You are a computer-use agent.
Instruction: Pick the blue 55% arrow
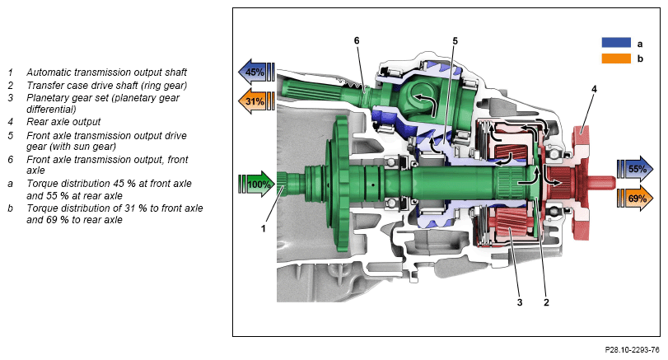tap(635, 169)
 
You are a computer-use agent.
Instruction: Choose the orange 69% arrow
tap(635, 198)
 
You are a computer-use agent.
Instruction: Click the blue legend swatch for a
tap(616, 43)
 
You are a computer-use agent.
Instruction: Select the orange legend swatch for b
tap(616, 58)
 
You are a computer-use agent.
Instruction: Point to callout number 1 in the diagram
tap(264, 228)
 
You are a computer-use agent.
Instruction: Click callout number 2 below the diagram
tap(546, 302)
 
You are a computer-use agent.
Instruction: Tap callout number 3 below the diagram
tap(519, 302)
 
